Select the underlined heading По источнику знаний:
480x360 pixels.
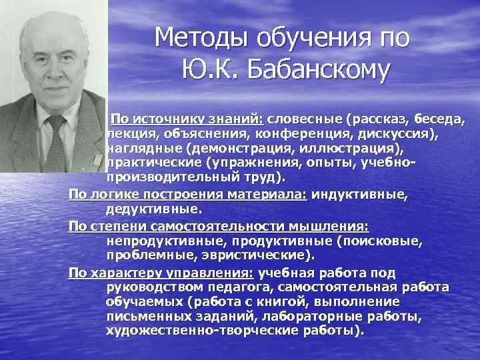point(188,119)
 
